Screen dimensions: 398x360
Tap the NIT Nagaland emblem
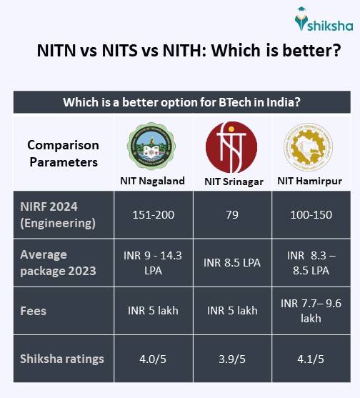point(151,146)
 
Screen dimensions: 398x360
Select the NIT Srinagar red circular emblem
point(231,146)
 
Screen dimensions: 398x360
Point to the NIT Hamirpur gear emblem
point(309,146)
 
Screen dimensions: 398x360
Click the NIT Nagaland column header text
point(152,181)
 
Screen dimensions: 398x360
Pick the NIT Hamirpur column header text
point(310,181)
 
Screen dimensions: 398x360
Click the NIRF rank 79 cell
point(231,213)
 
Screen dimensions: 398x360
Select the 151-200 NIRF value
point(151,213)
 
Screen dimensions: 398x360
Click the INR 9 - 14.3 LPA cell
point(151,262)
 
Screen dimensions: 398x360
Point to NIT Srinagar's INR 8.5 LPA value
point(231,262)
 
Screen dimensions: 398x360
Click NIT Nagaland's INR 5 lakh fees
point(151,311)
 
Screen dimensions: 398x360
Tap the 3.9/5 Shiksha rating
point(231,359)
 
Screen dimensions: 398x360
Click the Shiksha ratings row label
point(62,359)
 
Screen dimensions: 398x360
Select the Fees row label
point(34,311)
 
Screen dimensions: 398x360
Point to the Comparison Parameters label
point(63,153)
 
